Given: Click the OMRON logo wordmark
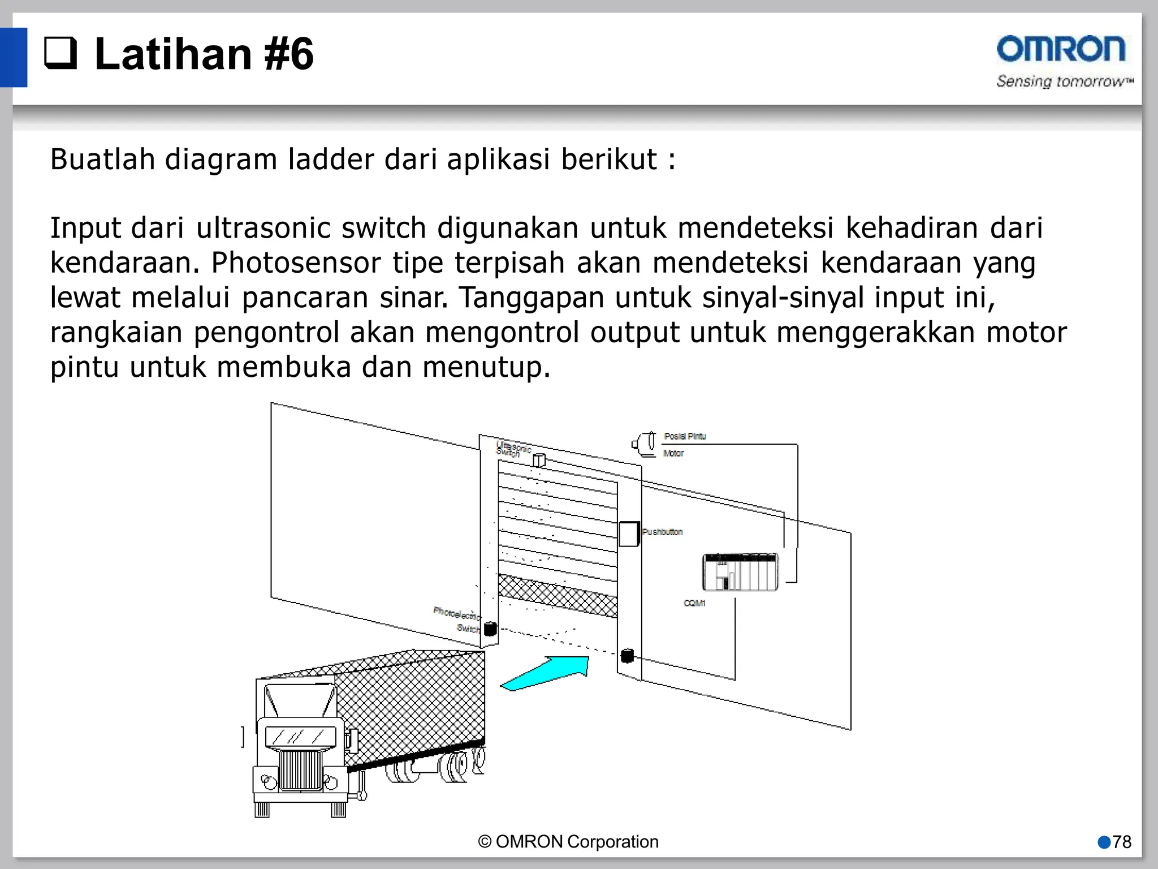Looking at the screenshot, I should tap(1061, 49).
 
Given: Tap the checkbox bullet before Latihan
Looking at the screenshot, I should tap(61, 54).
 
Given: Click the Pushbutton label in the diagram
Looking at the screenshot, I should tap(662, 532).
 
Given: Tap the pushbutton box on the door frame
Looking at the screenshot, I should tap(628, 534).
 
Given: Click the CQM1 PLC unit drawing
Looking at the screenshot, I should tap(740, 572).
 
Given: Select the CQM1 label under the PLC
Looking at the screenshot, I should tap(694, 603).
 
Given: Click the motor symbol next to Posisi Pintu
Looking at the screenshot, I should tap(644, 444).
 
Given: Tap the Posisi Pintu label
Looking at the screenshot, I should tap(685, 436).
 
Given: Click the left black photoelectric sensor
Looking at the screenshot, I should tap(490, 629).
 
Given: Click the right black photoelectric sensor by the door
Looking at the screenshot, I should tap(627, 656).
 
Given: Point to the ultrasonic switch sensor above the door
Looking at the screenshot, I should tap(539, 461).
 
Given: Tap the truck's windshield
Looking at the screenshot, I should tap(300, 736).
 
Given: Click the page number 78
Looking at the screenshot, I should tap(1121, 842).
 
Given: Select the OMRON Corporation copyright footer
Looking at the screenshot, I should tap(568, 842).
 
